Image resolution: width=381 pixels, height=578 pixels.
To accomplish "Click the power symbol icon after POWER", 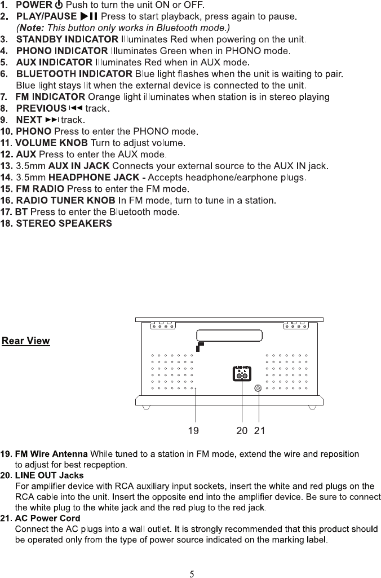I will [59, 5].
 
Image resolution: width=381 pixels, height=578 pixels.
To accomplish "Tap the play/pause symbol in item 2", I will [89, 16].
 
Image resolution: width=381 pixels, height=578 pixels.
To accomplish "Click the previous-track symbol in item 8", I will [76, 108].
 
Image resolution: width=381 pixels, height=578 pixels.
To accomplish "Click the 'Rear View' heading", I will [26, 341].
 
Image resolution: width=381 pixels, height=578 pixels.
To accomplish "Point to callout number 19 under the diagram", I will [193, 431].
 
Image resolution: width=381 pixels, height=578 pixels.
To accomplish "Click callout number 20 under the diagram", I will [242, 431].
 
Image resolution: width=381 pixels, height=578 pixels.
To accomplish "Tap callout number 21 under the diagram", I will [260, 431].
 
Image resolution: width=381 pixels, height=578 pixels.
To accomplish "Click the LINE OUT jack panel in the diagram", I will [242, 373].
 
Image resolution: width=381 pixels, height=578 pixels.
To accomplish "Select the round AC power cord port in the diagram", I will [258, 388].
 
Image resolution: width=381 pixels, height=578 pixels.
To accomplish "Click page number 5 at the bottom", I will [192, 574].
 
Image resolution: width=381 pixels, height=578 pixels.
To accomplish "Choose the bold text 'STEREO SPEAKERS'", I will [64, 223].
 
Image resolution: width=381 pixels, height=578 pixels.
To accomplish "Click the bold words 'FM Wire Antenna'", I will [51, 454].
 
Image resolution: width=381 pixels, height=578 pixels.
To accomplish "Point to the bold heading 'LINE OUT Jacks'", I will [49, 476].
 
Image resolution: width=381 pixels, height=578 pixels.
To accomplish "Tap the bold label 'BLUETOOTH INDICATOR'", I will [74, 74].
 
